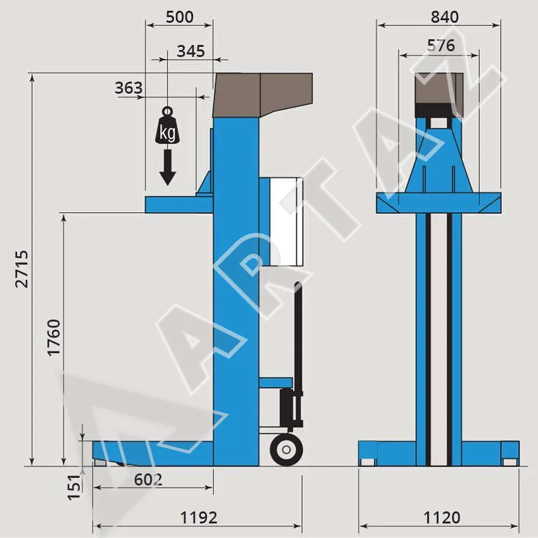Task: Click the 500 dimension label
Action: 180,17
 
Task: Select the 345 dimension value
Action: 191,51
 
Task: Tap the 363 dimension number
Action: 128,88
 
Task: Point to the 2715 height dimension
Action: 22,269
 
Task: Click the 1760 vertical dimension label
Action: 54,338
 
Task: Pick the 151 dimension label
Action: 75,487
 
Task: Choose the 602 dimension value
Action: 148,480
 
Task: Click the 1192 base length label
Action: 199,517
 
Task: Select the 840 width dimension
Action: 445,17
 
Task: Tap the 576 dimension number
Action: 441,46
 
